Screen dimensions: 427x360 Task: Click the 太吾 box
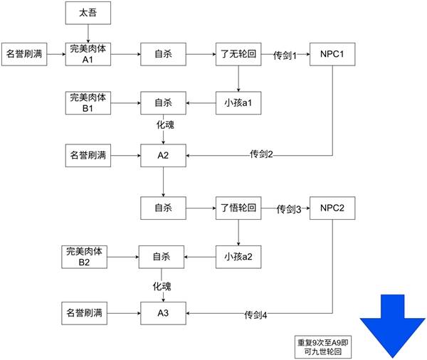coord(88,13)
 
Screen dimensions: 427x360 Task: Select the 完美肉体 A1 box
coord(88,54)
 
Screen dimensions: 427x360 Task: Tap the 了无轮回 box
coord(238,54)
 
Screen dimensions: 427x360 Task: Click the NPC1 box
coord(332,54)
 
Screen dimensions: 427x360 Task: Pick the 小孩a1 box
coord(238,103)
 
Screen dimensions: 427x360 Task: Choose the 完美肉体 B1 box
coord(88,103)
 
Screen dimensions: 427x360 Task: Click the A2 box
coord(163,156)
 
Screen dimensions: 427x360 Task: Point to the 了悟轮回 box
coord(238,208)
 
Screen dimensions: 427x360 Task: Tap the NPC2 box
coord(332,208)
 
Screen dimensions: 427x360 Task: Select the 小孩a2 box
coord(238,257)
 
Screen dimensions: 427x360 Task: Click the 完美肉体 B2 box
coord(84,257)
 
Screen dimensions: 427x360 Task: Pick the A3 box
coord(163,313)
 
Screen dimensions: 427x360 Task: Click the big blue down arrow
coord(392,327)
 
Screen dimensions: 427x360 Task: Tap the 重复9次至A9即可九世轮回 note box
coord(323,347)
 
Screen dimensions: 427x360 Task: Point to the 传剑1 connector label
coord(285,55)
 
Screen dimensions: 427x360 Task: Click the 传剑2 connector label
coord(261,154)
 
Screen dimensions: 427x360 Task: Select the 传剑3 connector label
coord(289,209)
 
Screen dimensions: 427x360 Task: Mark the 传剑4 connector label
coord(255,314)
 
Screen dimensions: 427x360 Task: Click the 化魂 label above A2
coord(165,125)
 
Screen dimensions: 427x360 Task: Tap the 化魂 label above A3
coord(162,286)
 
